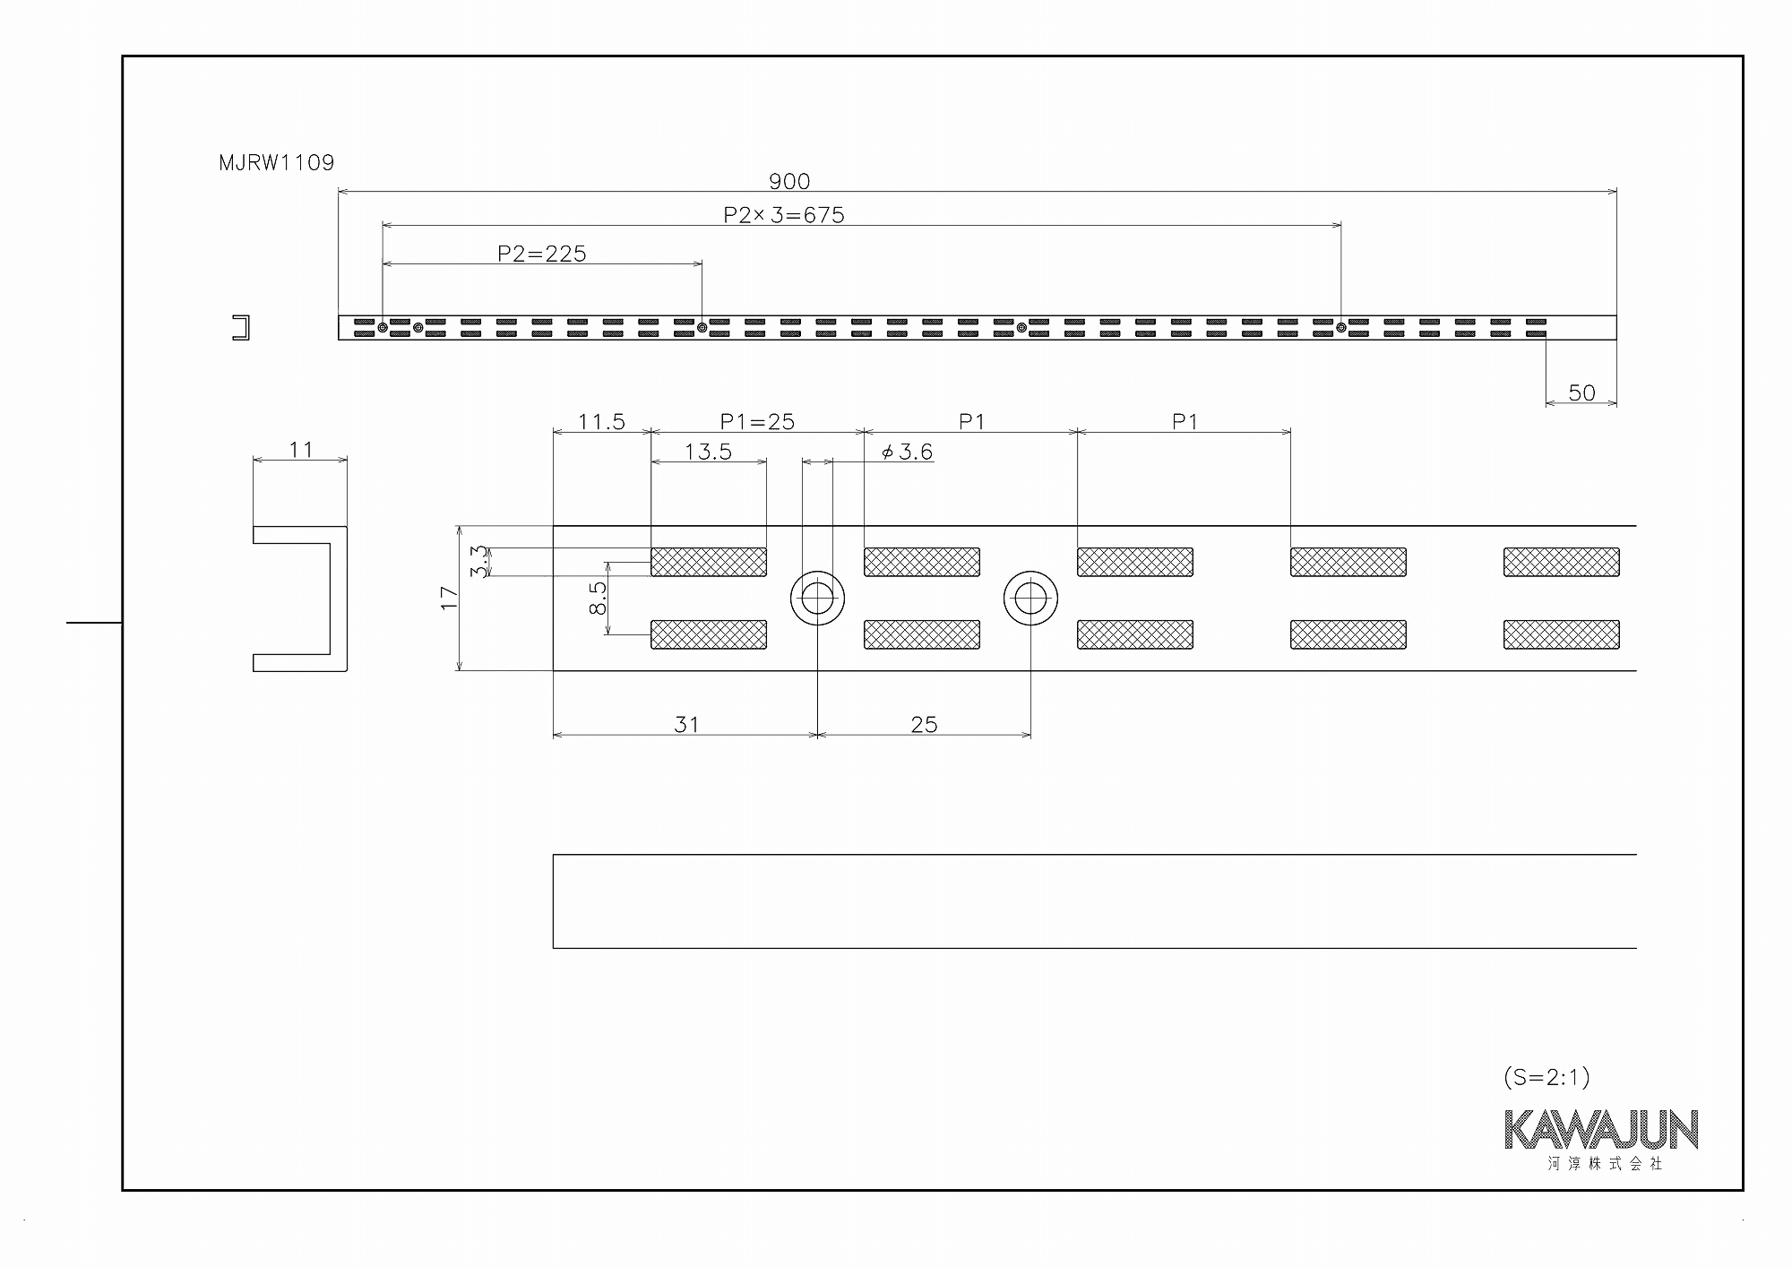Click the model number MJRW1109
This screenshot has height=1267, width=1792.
click(276, 163)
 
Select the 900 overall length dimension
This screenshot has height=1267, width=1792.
click(789, 182)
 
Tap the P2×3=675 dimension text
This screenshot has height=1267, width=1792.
click(784, 215)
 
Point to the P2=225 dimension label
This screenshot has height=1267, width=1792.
click(542, 254)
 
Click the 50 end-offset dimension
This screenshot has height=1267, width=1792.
click(1581, 392)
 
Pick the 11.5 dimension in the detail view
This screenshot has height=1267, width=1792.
click(601, 421)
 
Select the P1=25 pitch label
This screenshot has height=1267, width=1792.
click(757, 421)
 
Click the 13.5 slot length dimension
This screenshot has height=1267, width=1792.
click(708, 452)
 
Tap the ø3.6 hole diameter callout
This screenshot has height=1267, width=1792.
click(907, 452)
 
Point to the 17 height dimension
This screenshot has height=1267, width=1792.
click(450, 598)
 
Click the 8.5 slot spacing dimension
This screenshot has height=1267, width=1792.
click(599, 598)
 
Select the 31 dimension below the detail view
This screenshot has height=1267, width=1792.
click(686, 724)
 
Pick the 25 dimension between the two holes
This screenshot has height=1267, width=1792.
click(924, 724)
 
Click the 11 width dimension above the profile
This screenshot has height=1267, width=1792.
click(301, 449)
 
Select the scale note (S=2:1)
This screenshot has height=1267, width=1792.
click(1546, 1077)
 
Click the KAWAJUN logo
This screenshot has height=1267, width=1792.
click(1601, 1130)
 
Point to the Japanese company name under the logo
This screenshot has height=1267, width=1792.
click(1605, 1164)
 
